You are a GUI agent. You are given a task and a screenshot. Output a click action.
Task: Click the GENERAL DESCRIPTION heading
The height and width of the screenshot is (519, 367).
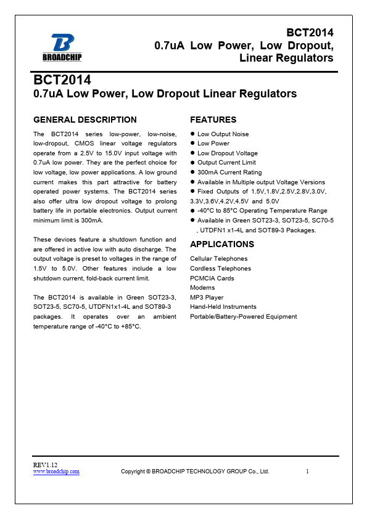(x=85, y=120)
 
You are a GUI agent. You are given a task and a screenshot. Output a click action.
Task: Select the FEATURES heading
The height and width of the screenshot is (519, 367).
(x=213, y=120)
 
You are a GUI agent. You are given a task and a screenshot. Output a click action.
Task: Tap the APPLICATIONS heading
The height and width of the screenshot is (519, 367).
(x=222, y=244)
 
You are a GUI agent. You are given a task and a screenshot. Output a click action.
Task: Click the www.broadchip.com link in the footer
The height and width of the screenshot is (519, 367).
(x=56, y=472)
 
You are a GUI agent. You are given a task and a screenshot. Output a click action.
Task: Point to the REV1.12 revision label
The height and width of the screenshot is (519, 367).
(x=46, y=464)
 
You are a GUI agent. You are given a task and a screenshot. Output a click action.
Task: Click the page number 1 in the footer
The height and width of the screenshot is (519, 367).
(x=307, y=472)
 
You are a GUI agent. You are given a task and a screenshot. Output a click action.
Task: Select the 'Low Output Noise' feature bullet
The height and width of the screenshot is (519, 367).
(x=223, y=134)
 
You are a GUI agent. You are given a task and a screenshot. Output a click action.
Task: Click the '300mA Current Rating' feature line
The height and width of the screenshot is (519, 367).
(x=229, y=173)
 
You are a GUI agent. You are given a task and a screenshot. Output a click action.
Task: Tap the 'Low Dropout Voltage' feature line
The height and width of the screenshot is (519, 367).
(x=227, y=153)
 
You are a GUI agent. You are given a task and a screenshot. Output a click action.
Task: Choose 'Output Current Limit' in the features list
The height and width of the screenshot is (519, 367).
(x=226, y=163)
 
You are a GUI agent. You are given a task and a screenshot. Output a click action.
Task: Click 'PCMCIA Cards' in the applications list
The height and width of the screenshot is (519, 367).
(x=212, y=278)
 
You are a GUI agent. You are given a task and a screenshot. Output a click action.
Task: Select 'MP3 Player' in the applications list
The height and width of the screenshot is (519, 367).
(x=207, y=297)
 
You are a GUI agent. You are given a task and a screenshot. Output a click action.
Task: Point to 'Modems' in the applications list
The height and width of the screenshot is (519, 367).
(x=202, y=288)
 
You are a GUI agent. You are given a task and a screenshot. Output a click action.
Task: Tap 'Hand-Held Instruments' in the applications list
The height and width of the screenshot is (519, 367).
(x=223, y=307)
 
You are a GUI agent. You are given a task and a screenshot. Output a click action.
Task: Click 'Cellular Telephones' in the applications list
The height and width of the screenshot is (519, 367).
(x=219, y=259)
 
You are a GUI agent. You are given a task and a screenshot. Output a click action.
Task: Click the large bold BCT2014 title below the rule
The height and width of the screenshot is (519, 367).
(x=62, y=81)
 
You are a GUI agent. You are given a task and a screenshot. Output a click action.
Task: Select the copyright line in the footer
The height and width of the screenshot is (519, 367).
(x=195, y=472)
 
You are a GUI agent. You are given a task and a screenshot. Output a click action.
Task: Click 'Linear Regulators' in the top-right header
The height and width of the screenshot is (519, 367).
(x=286, y=58)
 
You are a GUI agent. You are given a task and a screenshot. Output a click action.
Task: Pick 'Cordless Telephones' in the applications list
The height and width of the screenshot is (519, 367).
(x=220, y=269)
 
